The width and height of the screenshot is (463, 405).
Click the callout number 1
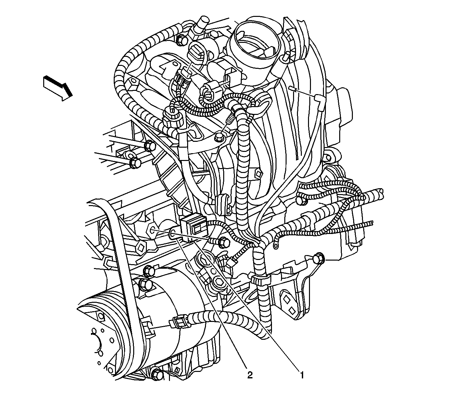[x=301, y=375]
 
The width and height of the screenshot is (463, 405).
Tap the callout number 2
[x=250, y=375]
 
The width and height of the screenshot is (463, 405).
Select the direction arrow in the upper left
[x=58, y=88]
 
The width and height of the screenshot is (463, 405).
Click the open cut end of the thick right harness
[x=381, y=194]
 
